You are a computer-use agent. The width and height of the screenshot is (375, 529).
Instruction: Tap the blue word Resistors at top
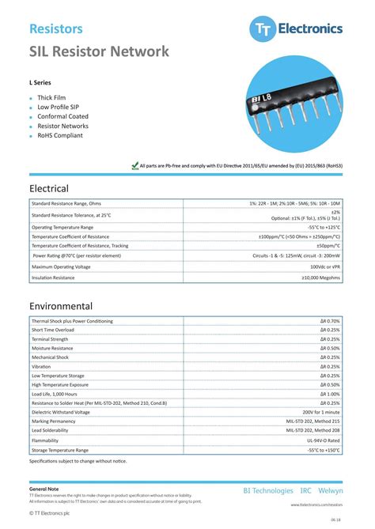click(56, 28)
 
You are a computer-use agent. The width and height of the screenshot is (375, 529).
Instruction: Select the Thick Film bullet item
click(51, 97)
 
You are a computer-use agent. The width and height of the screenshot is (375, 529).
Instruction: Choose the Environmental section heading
click(61, 306)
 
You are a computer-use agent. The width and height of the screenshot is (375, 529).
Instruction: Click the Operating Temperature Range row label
click(62, 227)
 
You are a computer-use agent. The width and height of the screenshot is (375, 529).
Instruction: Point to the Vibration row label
click(41, 366)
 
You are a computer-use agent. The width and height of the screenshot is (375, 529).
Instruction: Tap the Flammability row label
click(46, 440)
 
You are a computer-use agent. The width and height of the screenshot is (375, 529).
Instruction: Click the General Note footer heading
click(44, 489)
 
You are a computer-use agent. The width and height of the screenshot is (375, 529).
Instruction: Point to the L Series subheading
click(41, 81)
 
